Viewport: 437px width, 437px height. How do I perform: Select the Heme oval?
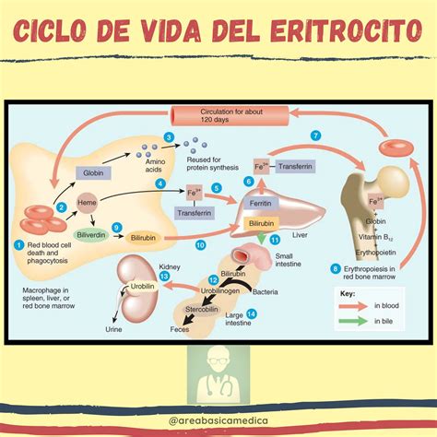pos(88,201)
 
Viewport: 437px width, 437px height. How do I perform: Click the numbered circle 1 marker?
pos(18,243)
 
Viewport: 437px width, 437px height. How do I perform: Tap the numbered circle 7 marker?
pos(315,136)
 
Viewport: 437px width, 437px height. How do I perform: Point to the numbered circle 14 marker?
pos(252,314)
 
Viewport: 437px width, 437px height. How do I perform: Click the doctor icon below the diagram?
pos(218,377)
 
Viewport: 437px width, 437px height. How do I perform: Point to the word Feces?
pos(181,328)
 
